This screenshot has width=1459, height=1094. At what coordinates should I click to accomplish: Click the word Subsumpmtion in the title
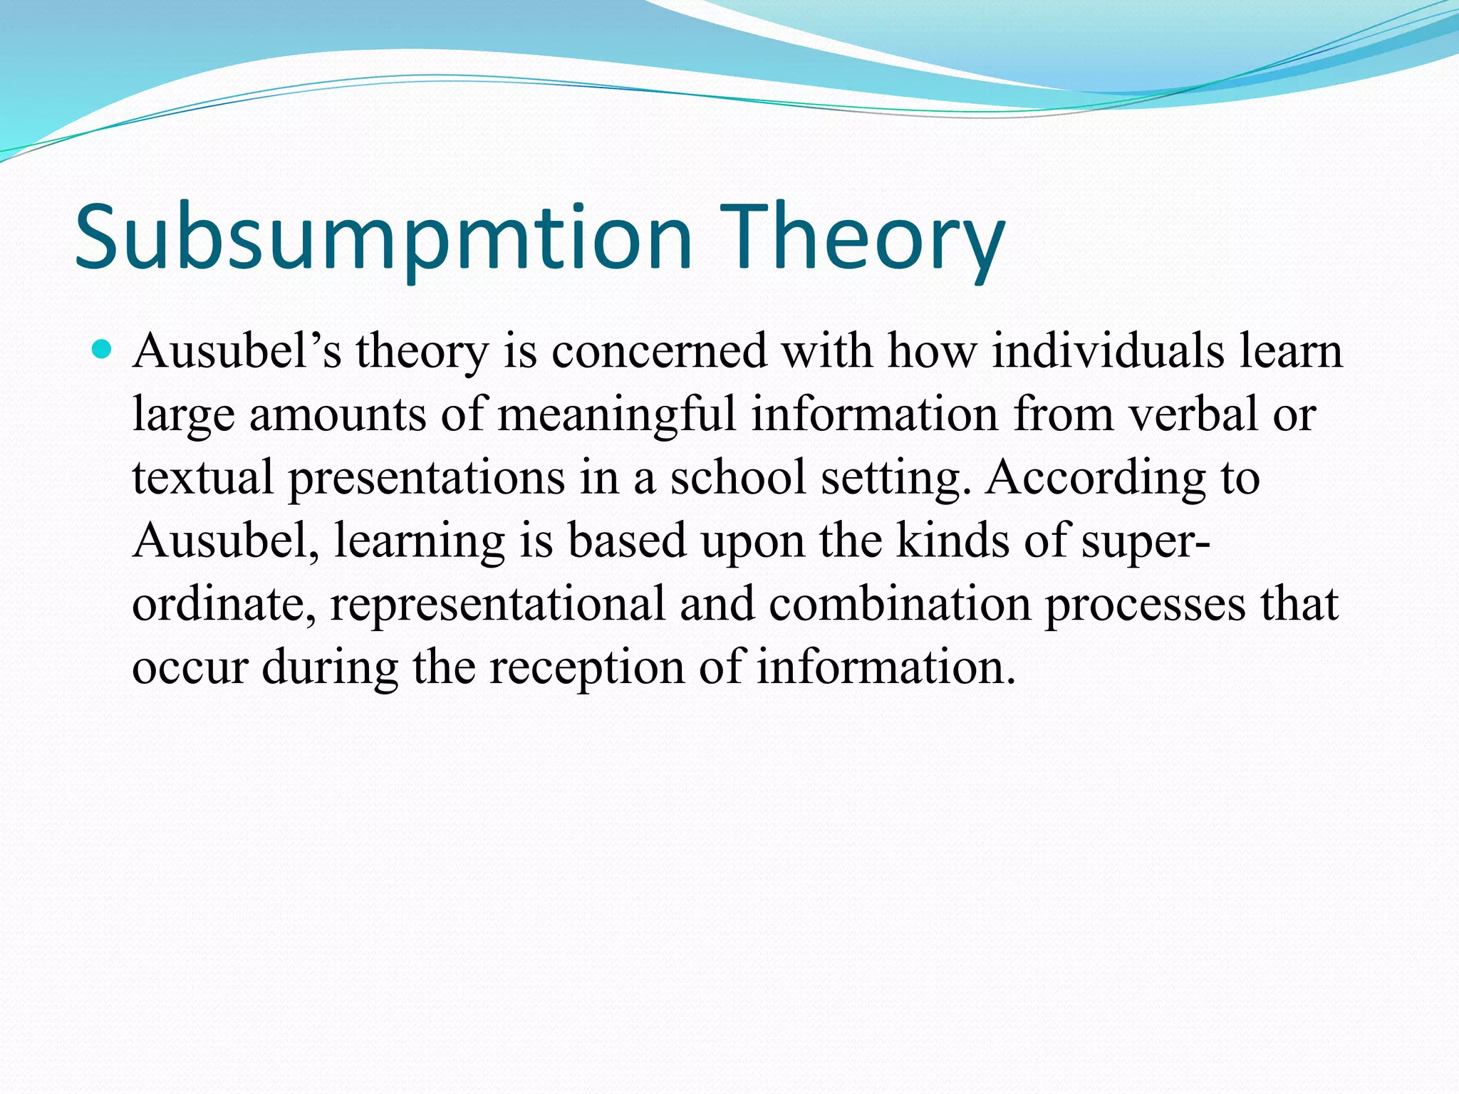point(383,239)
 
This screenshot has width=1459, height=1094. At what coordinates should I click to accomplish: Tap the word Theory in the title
point(861,239)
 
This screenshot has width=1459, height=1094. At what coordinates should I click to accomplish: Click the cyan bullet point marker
point(103,350)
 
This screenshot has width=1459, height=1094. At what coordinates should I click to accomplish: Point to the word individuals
point(1107,351)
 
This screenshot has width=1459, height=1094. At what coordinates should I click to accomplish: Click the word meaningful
point(616,414)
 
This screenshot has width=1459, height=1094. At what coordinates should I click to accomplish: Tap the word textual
point(202,477)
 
